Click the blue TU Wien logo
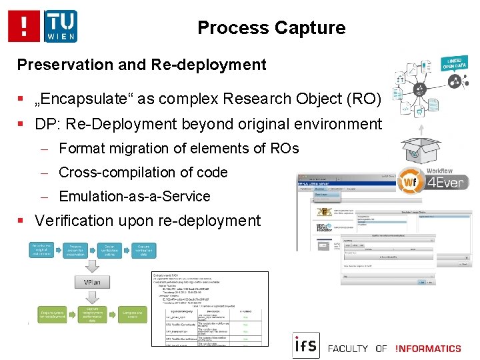coord(61,27)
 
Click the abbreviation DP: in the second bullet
coord(47,124)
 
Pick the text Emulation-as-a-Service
coord(134,196)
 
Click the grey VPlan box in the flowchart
coord(94,283)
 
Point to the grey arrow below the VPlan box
coord(94,297)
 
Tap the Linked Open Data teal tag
coord(455,63)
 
